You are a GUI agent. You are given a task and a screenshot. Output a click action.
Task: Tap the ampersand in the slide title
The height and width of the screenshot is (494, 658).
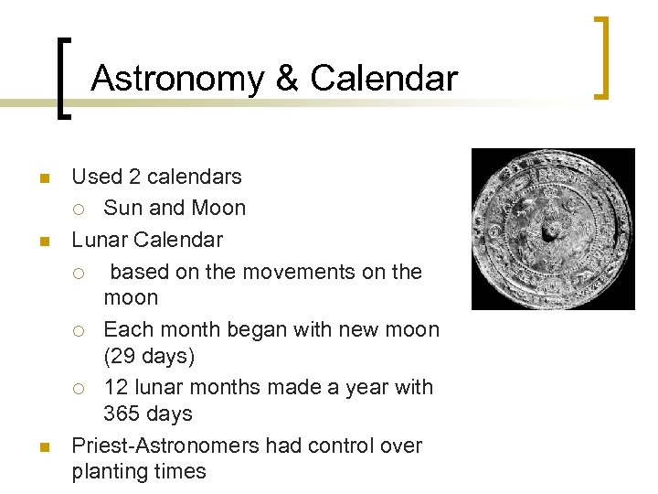pos(286,79)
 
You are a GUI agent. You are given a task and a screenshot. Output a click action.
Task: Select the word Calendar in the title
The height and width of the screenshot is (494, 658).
pos(384,79)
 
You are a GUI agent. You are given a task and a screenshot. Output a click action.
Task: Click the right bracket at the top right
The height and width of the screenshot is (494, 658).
pos(601,57)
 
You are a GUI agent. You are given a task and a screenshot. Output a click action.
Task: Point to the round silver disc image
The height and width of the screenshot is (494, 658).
pos(552,230)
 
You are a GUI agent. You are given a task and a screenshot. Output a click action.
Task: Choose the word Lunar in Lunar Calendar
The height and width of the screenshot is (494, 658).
pos(100,241)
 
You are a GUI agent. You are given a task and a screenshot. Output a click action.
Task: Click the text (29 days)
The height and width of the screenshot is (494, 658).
pos(149,355)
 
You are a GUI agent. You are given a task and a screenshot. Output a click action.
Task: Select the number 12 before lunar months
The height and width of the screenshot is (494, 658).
pos(116,388)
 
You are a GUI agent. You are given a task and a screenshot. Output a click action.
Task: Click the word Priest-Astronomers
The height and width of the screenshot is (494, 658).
pos(164,446)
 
